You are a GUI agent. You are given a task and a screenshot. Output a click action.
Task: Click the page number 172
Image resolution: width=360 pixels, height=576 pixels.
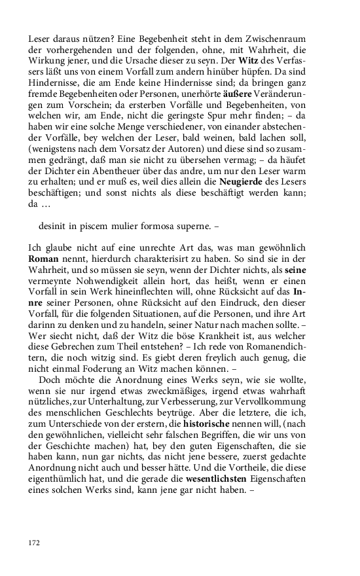[34, 543]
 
